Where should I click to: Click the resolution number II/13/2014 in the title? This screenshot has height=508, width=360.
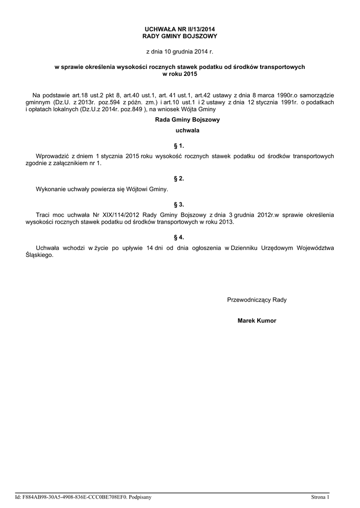point(197,30)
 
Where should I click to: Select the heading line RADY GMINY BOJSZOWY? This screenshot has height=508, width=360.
point(180,37)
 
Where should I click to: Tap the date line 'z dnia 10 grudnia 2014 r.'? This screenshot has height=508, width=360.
point(179,51)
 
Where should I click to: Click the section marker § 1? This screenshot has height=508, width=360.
point(180,146)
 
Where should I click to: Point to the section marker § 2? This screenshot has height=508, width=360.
point(180,178)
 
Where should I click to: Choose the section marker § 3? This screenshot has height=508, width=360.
point(180,204)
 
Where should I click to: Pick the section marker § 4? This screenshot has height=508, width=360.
point(180,237)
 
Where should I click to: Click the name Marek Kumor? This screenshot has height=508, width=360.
point(257,321)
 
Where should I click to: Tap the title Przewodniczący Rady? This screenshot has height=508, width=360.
point(257,300)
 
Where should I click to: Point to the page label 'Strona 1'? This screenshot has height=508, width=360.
point(320,497)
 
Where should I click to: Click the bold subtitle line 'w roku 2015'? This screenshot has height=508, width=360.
point(180,74)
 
